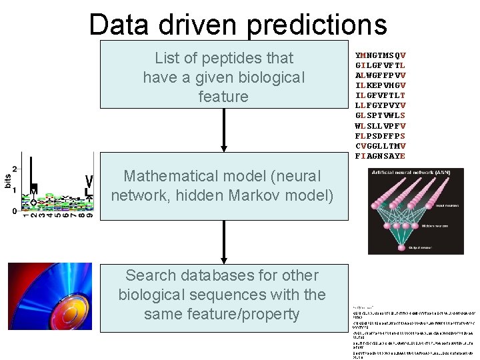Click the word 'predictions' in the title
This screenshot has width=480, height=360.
click(317, 25)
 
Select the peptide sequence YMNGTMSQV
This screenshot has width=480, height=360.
click(381, 55)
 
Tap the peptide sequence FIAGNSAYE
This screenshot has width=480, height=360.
click(381, 156)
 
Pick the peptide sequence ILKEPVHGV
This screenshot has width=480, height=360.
click(381, 85)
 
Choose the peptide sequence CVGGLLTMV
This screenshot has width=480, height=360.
click(381, 146)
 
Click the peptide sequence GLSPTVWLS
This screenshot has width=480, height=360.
click(381, 115)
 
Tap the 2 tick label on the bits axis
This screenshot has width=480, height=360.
click(15, 158)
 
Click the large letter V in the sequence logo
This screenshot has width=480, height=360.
click(89, 181)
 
